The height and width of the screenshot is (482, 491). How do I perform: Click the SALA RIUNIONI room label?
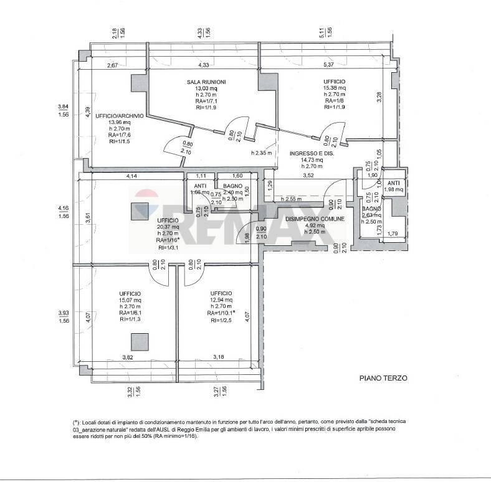tap(206, 82)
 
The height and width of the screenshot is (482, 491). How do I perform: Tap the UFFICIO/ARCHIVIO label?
tap(119, 116)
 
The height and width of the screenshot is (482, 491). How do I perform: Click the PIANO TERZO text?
tap(383, 377)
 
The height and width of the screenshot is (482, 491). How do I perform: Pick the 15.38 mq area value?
tap(334, 88)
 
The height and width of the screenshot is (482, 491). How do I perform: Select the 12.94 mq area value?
tap(221, 300)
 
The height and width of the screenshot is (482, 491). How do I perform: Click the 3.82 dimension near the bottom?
tap(127, 357)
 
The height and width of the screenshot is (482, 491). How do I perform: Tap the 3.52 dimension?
tap(308, 176)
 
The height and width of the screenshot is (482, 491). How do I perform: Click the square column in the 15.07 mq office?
tap(140, 341)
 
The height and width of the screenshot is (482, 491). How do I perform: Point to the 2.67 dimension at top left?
tap(112, 65)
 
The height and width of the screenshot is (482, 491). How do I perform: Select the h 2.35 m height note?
tap(261, 153)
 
